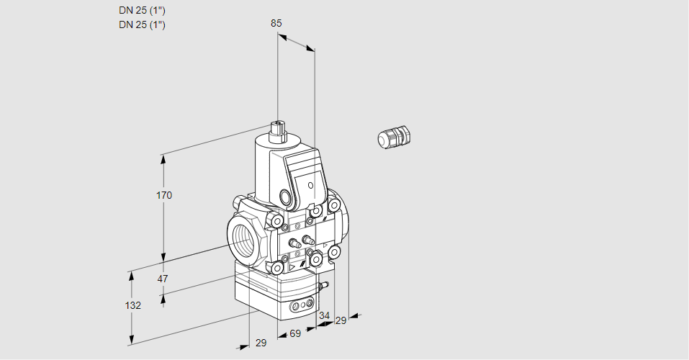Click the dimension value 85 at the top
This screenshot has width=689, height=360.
click(x=276, y=23)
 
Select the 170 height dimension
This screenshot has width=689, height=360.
click(x=164, y=195)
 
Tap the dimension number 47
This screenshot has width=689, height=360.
click(x=163, y=279)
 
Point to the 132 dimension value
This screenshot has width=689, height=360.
click(x=132, y=305)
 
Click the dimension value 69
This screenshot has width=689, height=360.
click(x=294, y=333)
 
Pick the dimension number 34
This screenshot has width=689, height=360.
click(x=324, y=315)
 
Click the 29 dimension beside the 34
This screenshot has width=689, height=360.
click(x=341, y=320)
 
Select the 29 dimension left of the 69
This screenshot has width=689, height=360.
click(x=261, y=343)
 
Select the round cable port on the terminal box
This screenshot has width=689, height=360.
click(x=286, y=197)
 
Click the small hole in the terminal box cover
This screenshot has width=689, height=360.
click(x=310, y=186)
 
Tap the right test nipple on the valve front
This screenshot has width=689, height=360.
click(x=308, y=239)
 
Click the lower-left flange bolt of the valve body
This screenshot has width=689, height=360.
click(x=276, y=268)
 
